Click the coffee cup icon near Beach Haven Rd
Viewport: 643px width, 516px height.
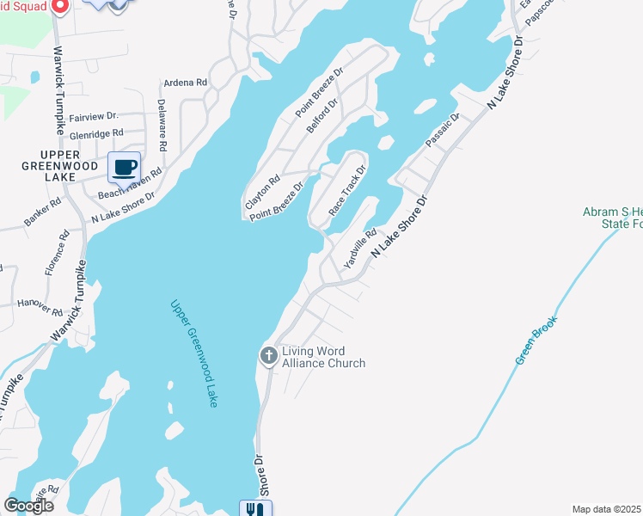pos(124,167)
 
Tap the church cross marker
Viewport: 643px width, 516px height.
pos(268,355)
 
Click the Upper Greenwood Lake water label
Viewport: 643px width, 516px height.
pos(193,353)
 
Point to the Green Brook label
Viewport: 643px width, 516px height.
pos(537,340)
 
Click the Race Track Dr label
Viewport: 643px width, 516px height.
pos(347,190)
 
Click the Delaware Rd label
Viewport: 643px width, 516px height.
pos(161,120)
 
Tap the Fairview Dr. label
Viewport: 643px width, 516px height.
pos(93,116)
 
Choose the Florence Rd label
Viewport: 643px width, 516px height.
pos(63,252)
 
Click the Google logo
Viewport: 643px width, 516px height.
pos(28,505)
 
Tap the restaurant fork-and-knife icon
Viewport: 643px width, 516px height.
pos(255,509)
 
